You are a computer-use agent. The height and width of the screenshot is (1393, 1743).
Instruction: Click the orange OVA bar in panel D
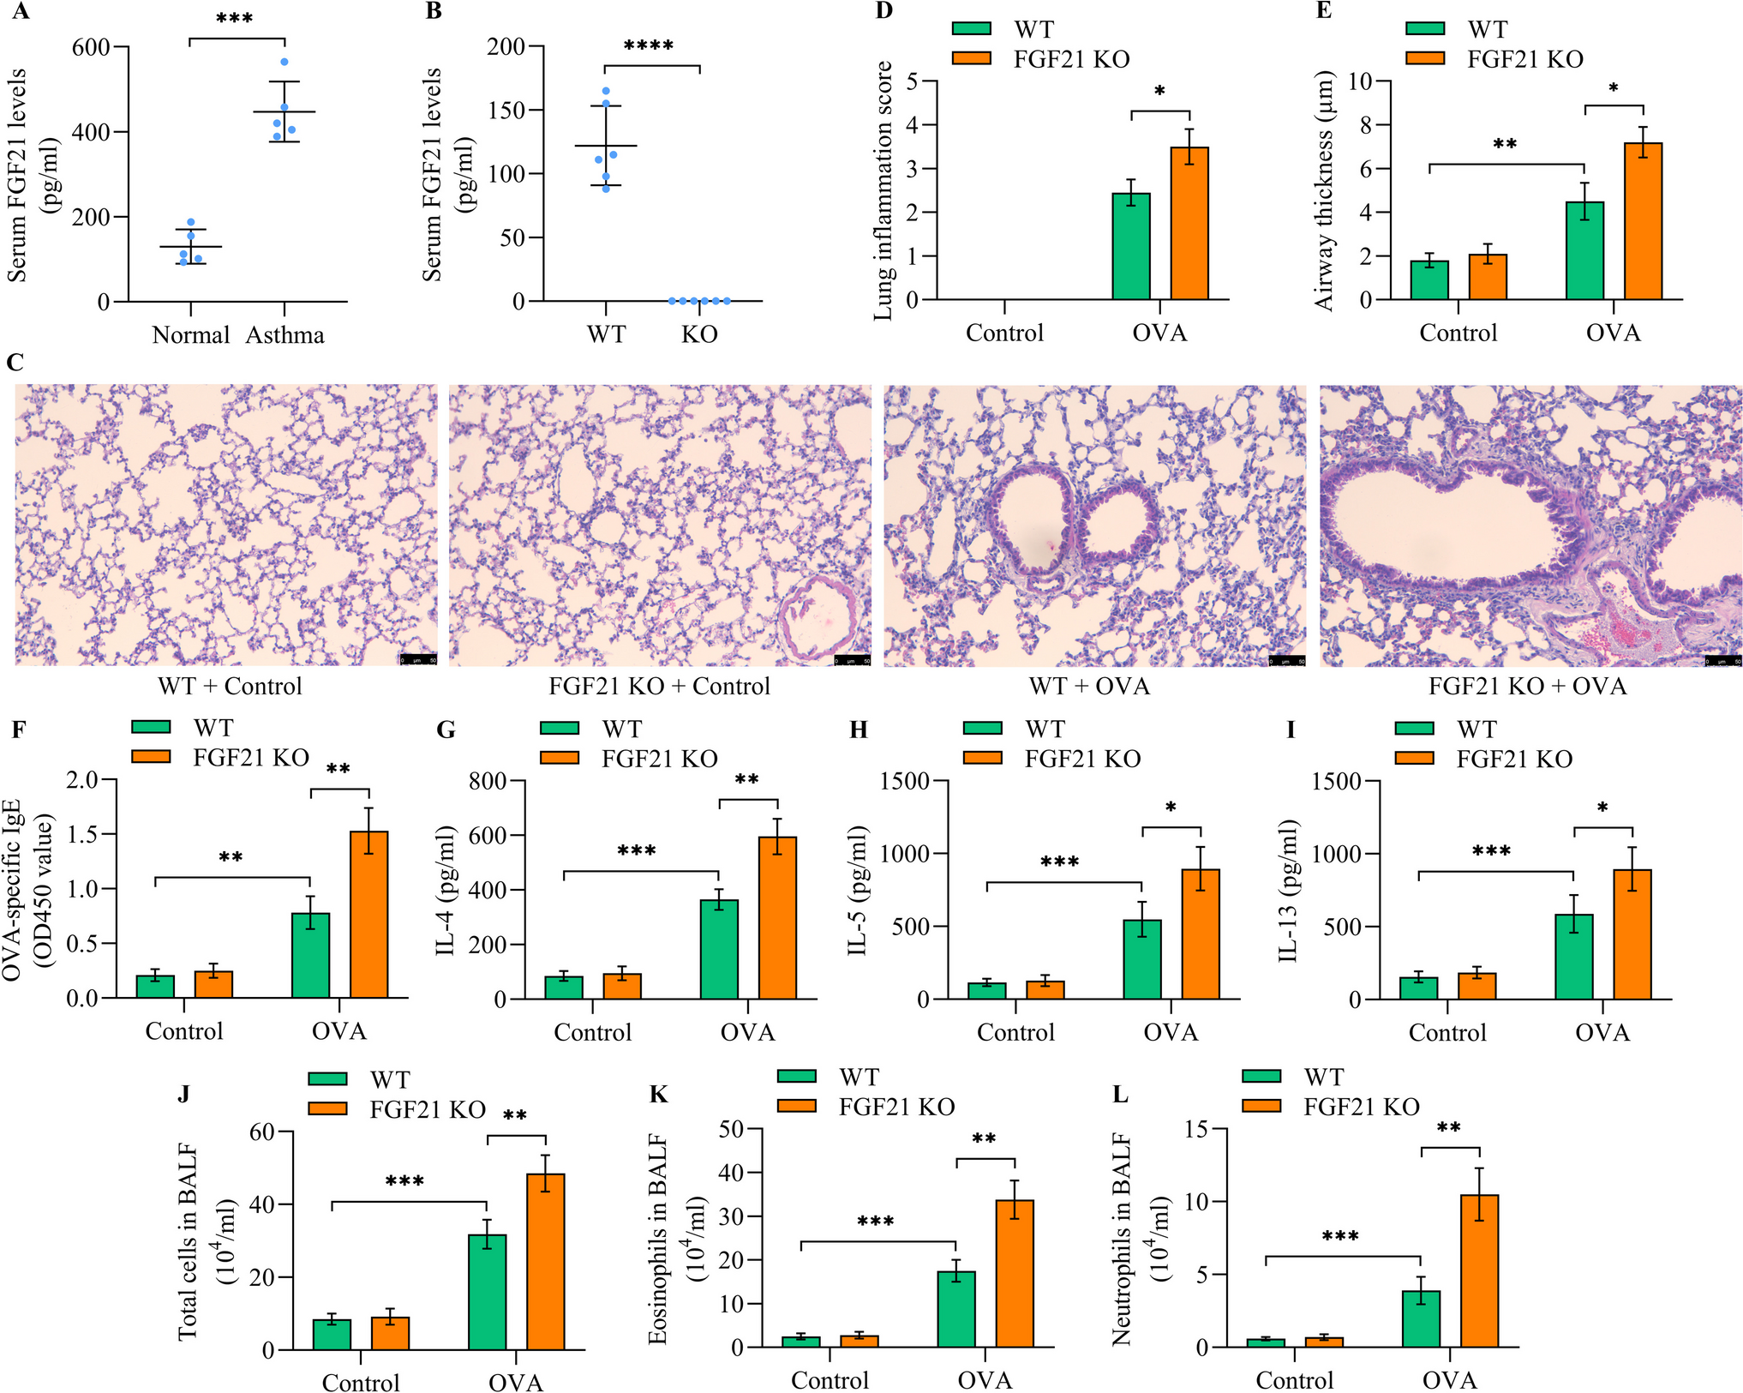click(1189, 224)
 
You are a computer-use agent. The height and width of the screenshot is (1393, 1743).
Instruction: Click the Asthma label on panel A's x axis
click(285, 335)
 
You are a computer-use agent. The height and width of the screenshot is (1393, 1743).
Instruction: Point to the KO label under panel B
click(699, 334)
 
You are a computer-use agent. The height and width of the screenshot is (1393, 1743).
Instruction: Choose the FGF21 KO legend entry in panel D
click(1071, 59)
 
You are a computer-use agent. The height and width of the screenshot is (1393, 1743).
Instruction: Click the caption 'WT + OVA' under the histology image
click(1089, 687)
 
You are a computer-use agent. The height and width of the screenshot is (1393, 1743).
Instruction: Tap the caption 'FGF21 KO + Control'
click(659, 687)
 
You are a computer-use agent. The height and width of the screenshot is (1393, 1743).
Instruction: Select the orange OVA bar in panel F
click(368, 915)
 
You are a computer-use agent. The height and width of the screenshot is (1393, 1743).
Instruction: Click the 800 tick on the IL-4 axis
click(488, 781)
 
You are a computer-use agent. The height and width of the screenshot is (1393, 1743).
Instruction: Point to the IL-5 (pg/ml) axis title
click(859, 891)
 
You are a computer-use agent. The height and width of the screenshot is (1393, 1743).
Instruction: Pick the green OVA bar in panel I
click(1573, 957)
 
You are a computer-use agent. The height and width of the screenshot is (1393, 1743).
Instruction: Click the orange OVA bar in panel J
click(545, 1262)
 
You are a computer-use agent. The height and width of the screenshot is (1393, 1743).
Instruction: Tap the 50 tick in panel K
click(731, 1129)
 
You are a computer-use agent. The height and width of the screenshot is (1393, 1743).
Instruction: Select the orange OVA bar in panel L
click(1479, 1271)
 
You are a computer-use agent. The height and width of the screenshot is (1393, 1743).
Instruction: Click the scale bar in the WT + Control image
click(418, 659)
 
